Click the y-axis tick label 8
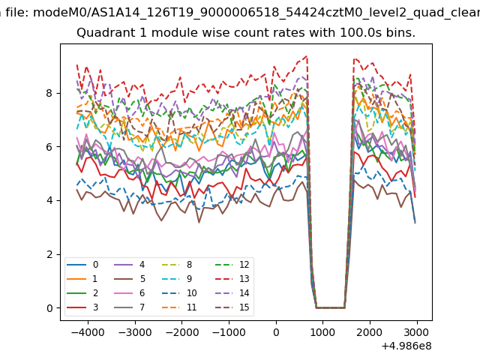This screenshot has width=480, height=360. click(x=49, y=93)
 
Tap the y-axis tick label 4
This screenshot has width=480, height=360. click(x=49, y=200)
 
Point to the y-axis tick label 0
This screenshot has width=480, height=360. click(x=49, y=308)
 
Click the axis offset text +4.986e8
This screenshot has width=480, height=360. click(x=406, y=346)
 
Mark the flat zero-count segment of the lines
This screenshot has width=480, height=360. click(x=330, y=307)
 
